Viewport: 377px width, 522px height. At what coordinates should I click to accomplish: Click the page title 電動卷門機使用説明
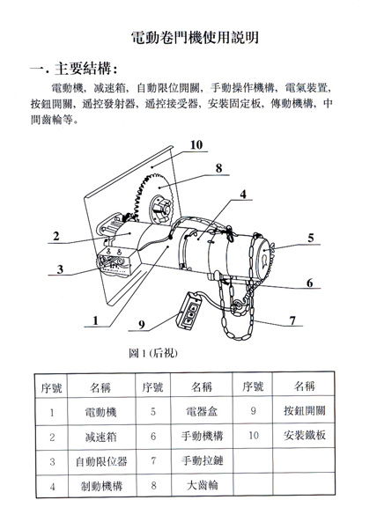(x=196, y=37)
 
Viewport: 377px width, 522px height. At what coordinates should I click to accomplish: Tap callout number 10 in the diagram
(x=196, y=145)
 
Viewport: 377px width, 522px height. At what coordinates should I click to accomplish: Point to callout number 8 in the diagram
(x=218, y=168)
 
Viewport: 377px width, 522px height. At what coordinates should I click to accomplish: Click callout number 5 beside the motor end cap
(x=310, y=238)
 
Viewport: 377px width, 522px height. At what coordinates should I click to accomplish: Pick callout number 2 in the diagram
(x=56, y=236)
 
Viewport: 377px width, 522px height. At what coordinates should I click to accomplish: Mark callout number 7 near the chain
(x=292, y=320)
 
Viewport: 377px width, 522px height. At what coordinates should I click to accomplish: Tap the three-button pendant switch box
(x=190, y=310)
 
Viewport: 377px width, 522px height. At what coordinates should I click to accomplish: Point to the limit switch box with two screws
(x=116, y=261)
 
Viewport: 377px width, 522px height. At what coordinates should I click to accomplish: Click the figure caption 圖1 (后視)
(x=153, y=353)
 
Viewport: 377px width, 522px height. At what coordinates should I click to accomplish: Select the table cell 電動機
(x=100, y=412)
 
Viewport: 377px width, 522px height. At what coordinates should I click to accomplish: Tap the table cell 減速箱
(x=100, y=437)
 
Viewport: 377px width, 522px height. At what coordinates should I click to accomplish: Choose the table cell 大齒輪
(x=203, y=485)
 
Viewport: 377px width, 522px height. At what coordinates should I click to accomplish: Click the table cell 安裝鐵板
(x=305, y=435)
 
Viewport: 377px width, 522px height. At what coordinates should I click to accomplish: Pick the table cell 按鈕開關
(x=305, y=410)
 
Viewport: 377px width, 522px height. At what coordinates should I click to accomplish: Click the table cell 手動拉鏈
(x=203, y=460)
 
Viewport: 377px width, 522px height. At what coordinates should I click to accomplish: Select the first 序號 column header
(x=51, y=388)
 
